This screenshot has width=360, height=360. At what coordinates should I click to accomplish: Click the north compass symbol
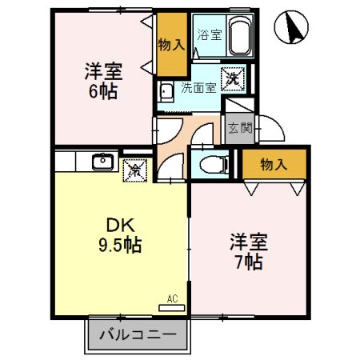pos(291,30)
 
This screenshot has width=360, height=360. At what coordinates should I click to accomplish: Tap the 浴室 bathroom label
pos(210,34)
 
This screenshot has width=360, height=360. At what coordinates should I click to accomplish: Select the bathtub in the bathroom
pos(241,36)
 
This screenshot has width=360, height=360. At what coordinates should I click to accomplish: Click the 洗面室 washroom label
pos(198,88)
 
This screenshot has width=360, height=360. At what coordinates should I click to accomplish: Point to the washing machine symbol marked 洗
pos(233,78)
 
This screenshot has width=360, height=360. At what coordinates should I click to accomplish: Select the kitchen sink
pos(102,162)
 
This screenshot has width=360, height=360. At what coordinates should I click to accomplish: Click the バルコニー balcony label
pos(138,335)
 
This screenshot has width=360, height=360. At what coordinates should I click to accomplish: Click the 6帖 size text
pos(102,91)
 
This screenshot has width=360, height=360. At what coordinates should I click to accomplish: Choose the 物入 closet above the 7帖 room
pos(274,165)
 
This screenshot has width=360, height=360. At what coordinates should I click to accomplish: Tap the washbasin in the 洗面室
pos(166,89)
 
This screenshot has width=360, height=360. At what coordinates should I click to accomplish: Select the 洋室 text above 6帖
pos(102,70)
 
